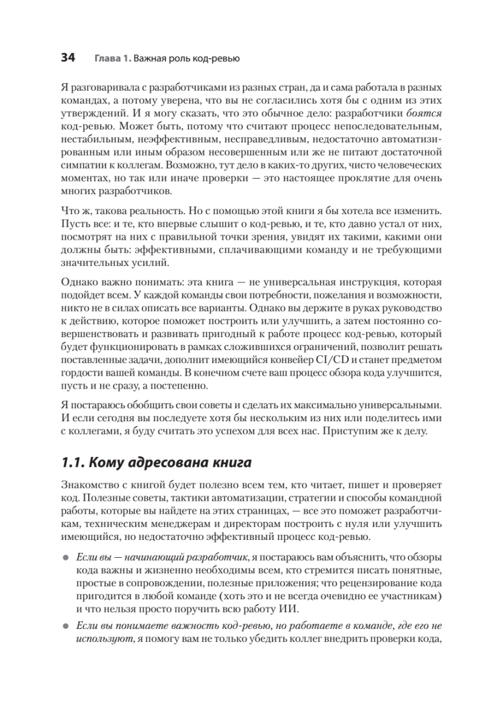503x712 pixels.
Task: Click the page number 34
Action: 68,58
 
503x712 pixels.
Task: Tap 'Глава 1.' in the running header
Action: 111,59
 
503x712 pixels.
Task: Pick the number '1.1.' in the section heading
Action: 72,462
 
